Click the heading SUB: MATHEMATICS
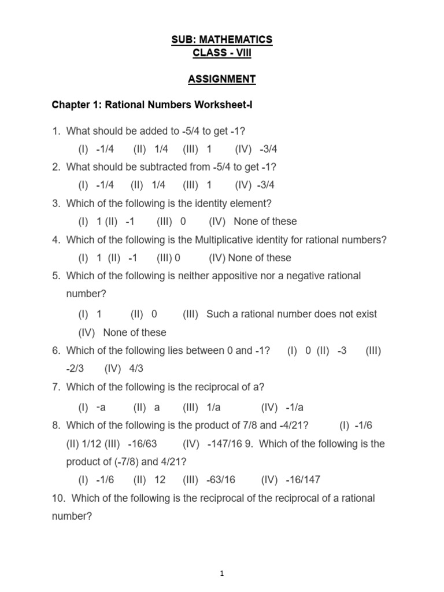221,39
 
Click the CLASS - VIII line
221,53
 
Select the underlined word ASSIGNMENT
221,79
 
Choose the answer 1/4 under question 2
158,185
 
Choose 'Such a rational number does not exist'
291,314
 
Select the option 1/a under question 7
214,407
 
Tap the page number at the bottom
222,573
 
